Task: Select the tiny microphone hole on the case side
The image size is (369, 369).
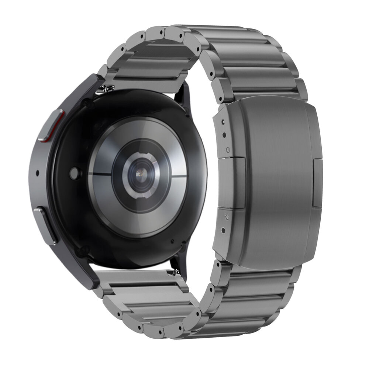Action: pyautogui.click(x=38, y=173)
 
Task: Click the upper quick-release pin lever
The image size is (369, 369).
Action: pyautogui.click(x=107, y=88)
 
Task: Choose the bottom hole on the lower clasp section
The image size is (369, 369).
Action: pyautogui.click(x=223, y=232)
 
